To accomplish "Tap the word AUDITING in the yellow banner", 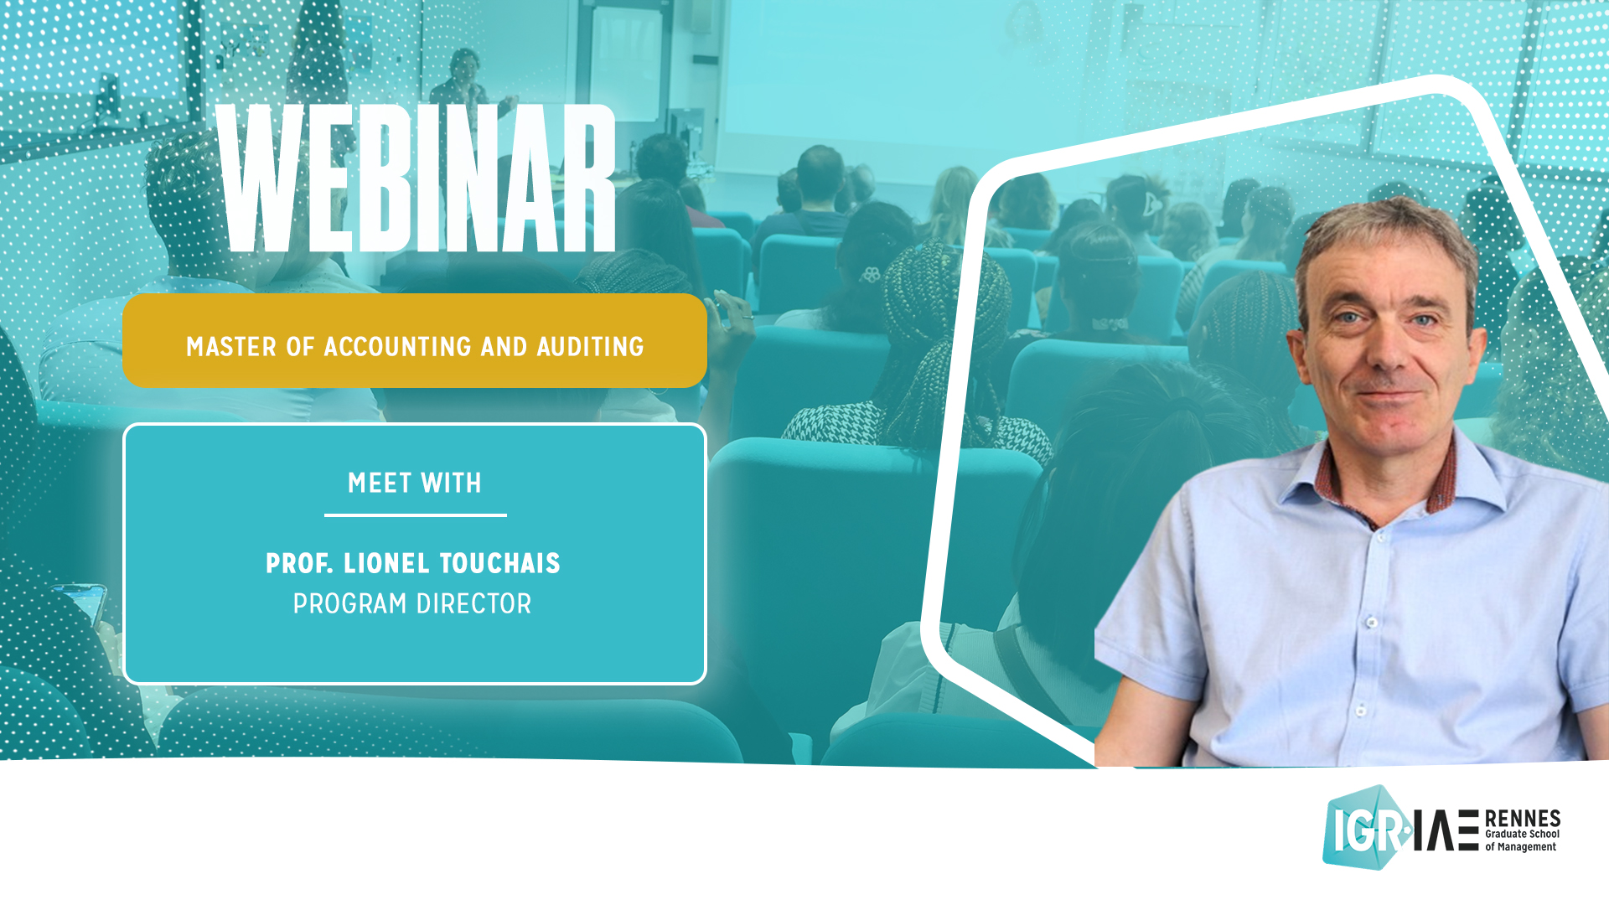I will pos(590,347).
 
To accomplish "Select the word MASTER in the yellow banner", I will pos(230,347).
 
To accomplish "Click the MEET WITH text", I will pos(415,484).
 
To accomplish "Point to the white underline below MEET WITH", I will pos(415,515).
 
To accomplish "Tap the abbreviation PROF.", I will pos(299,564).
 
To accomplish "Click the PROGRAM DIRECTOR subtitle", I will pos(412,604).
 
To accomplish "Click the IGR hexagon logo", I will pos(1364,828).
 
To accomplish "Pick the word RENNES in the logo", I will pos(1522,818).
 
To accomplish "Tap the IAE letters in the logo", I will pos(1446,830).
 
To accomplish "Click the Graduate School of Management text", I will pos(1522,840).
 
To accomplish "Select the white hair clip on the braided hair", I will pos(871,274).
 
